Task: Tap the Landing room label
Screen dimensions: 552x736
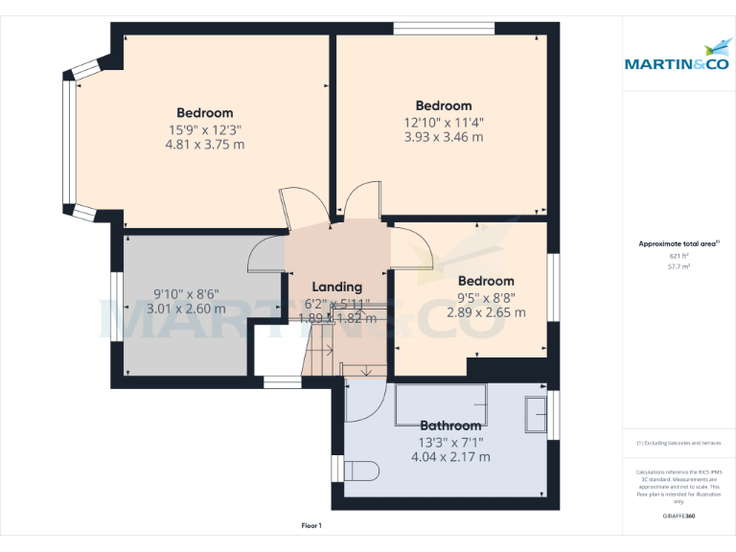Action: (x=337, y=287)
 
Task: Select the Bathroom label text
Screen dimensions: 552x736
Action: (x=450, y=425)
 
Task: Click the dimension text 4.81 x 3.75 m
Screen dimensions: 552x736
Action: (x=204, y=145)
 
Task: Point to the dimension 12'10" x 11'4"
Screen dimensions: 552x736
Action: (x=443, y=122)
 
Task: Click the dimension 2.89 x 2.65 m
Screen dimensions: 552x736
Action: (x=485, y=312)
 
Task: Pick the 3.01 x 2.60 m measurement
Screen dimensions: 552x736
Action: (x=186, y=309)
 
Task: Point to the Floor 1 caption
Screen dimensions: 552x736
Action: (x=311, y=526)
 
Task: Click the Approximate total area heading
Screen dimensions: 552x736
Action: (x=678, y=244)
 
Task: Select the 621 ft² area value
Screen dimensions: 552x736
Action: (x=678, y=256)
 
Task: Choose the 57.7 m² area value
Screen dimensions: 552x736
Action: (x=678, y=267)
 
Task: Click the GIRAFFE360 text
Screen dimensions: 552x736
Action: (x=678, y=517)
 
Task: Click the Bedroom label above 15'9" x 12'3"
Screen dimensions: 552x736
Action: (x=204, y=113)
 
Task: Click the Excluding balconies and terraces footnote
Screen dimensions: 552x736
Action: (x=678, y=444)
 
